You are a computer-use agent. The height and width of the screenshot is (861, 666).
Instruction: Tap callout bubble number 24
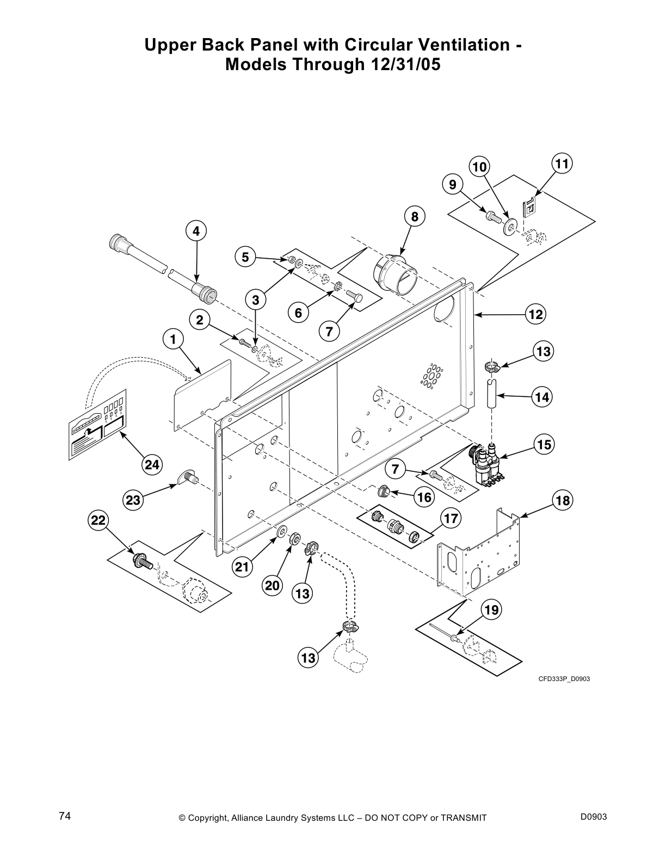[x=153, y=465]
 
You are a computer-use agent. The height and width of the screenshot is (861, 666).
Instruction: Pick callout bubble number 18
[x=563, y=500]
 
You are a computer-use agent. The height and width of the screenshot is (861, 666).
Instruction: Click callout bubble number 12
[x=536, y=314]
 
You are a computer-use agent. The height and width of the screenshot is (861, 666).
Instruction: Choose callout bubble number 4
[x=196, y=231]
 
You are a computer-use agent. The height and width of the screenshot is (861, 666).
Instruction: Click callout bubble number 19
[x=491, y=610]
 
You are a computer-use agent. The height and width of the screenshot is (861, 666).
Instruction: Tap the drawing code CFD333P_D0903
[x=564, y=679]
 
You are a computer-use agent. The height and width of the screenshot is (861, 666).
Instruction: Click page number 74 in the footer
[x=65, y=816]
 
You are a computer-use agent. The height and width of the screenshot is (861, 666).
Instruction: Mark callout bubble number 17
[x=451, y=519]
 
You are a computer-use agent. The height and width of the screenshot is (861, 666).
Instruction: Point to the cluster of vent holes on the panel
[x=431, y=375]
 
